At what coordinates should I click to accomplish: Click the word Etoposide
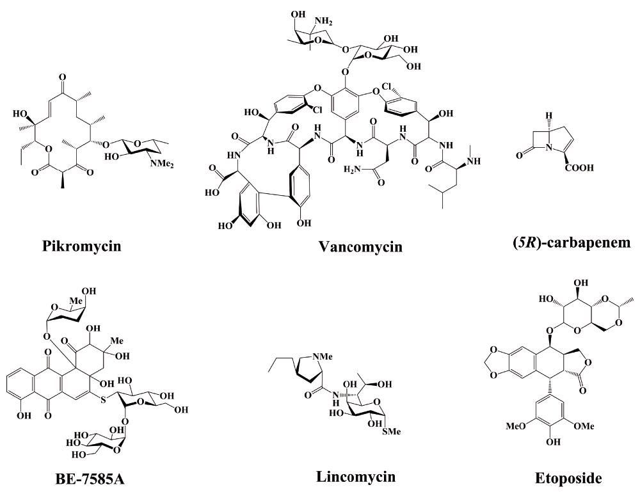tap(568, 478)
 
